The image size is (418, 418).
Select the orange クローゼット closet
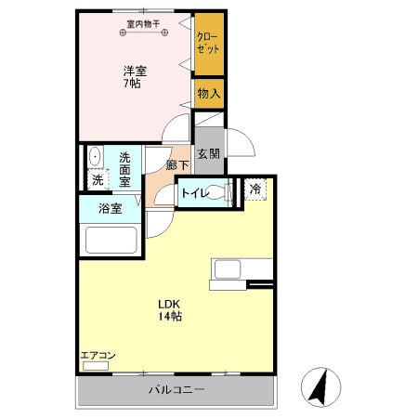[209, 43]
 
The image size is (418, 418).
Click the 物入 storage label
[209, 93]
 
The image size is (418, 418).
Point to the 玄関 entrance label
[208, 154]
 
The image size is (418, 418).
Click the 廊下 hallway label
[177, 165]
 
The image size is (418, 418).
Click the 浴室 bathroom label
[111, 209]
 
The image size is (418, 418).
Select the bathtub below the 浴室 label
[111, 240]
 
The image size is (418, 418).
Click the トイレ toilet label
[193, 193]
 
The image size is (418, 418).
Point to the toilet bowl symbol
[219, 193]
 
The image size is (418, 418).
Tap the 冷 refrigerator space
[255, 189]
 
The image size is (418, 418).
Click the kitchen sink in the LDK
[229, 270]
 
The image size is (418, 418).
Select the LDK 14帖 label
[169, 310]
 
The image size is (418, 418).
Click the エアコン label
[97, 356]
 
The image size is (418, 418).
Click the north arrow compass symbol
[319, 384]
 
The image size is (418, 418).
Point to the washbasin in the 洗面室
[95, 155]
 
